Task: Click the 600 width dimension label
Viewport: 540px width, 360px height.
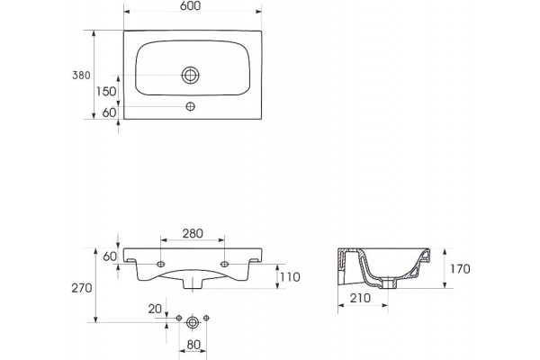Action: tap(190, 6)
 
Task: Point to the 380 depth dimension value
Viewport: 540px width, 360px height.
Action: tap(81, 75)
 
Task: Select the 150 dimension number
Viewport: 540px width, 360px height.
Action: tap(106, 91)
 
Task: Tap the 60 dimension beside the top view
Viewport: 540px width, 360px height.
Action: tap(110, 112)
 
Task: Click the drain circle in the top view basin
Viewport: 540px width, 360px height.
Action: tap(191, 75)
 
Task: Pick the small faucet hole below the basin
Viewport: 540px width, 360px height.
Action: tap(191, 106)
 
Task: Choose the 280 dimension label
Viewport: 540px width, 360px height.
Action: tap(193, 234)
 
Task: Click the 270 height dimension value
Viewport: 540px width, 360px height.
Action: tap(82, 288)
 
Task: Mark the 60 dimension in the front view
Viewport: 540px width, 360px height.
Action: tap(110, 256)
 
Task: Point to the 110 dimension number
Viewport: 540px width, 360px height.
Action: tap(290, 276)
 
